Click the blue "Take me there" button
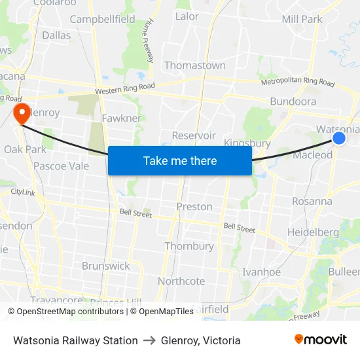point(180,160)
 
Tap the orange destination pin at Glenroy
point(22,113)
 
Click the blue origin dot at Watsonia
point(339,137)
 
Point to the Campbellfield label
point(103,19)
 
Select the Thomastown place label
point(194,65)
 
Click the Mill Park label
point(302,19)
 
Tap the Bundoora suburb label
point(293,101)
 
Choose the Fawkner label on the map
point(122,118)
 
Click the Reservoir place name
point(194,135)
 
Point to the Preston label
point(194,206)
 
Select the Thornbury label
point(189,246)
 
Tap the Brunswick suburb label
point(106,266)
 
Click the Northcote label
point(181,281)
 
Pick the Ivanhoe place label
point(261,272)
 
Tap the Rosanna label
point(312,201)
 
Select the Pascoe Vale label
point(61,166)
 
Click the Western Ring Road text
point(124,89)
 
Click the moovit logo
point(320,339)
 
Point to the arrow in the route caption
point(149,340)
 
